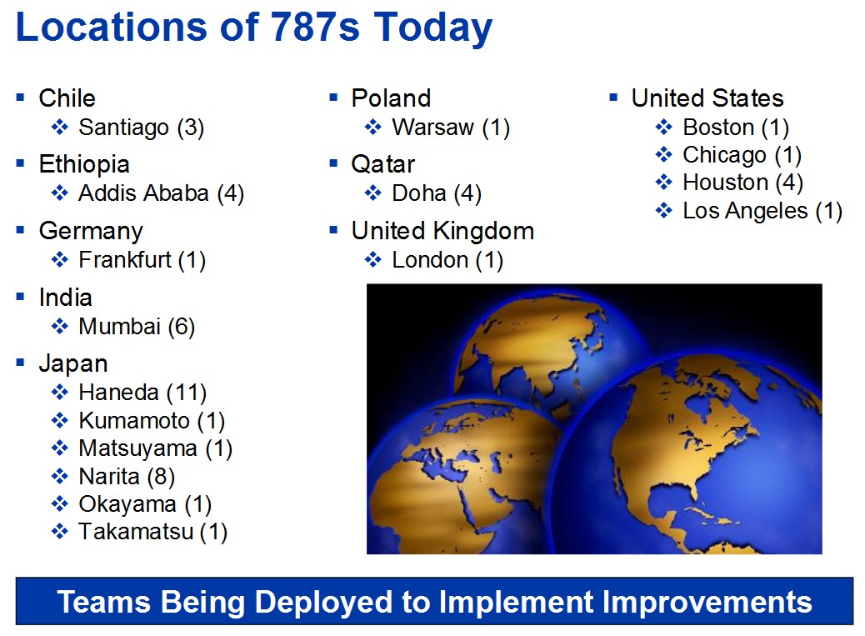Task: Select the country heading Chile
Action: pos(67,98)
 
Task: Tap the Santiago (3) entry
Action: pos(141,128)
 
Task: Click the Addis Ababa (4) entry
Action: pos(161,193)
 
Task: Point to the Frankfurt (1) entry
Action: pos(142,259)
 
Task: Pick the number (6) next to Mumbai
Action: pos(181,326)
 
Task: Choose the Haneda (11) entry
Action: pos(142,392)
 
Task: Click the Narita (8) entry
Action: pos(127,476)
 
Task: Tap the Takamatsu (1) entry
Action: pos(152,531)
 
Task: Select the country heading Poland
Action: pos(391,98)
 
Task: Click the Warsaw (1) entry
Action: pos(450,128)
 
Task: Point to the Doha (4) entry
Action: pos(436,193)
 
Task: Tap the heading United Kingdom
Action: pos(442,231)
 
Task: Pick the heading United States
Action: pos(707,98)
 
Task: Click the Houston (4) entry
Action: pos(742,183)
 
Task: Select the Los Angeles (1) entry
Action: pos(762,211)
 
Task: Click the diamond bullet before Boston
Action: pos(663,128)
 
